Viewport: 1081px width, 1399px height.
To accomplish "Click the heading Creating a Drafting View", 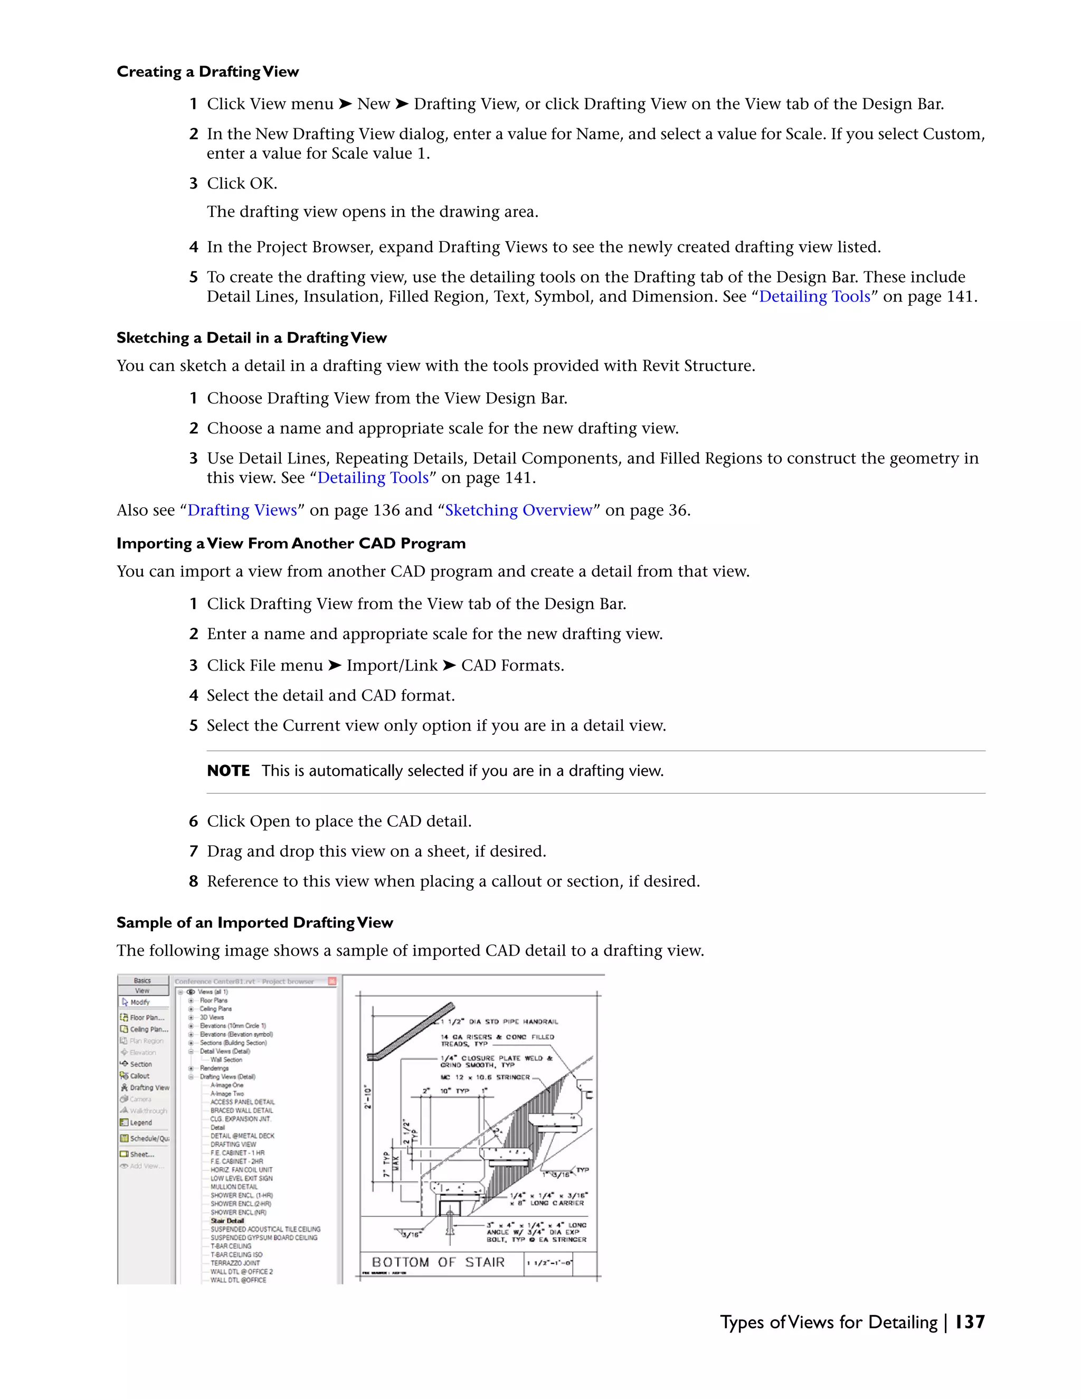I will [207, 72].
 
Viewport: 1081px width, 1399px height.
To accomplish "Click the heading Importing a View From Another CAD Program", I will [291, 543].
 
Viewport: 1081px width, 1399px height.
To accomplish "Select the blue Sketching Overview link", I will [519, 510].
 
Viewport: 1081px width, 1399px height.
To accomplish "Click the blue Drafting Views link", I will [242, 510].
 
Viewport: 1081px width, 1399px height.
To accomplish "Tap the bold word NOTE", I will [229, 771].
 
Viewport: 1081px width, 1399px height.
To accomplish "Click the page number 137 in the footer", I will [970, 1321].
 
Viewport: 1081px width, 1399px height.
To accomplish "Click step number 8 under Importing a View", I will [193, 882].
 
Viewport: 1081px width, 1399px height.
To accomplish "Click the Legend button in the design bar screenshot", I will [141, 1122].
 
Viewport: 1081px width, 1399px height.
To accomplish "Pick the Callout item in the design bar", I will [139, 1076].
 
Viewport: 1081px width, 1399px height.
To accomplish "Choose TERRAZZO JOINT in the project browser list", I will [235, 1263].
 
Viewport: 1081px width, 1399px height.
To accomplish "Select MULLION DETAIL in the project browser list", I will [234, 1186].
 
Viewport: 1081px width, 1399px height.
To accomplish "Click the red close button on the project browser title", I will [331, 981].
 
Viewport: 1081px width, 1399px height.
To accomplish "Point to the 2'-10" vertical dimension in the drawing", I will [367, 1096].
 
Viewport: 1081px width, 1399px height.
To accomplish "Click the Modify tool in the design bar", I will [139, 1002].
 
